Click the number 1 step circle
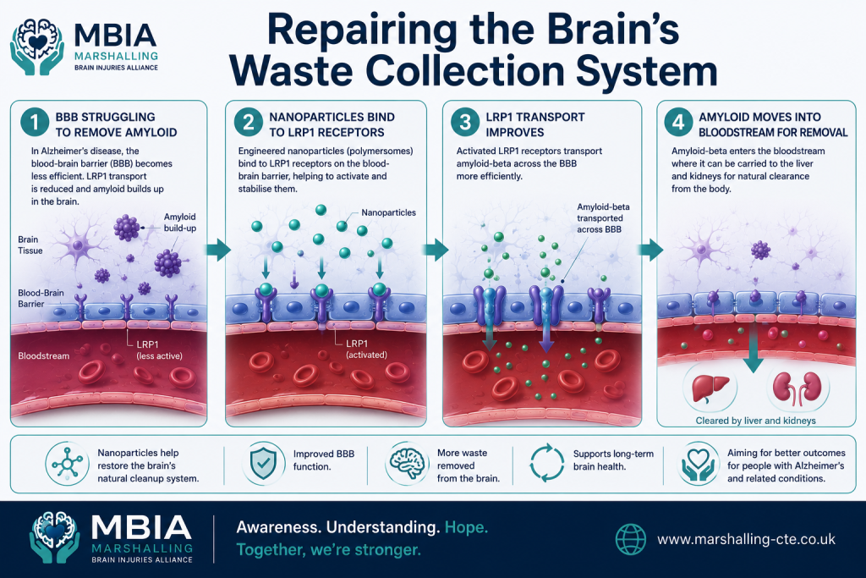[x=35, y=122]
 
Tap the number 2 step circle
[x=249, y=122]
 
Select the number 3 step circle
[x=465, y=122]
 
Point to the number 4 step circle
[x=678, y=122]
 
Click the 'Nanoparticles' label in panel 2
[x=389, y=212]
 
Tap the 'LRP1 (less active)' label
[x=159, y=350]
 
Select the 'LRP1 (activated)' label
[x=367, y=350]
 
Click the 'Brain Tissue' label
[x=30, y=245]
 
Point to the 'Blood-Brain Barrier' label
[x=41, y=299]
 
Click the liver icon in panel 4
[x=710, y=388]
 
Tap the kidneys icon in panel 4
[x=797, y=387]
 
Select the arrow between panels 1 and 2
[x=218, y=250]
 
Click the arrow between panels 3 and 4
[x=650, y=250]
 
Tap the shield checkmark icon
[x=264, y=463]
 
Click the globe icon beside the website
[x=631, y=539]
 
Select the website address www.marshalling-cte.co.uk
[x=746, y=539]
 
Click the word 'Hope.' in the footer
[x=467, y=528]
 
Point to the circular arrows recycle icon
[x=547, y=463]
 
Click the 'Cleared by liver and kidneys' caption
[x=755, y=421]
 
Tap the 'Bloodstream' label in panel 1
[x=44, y=356]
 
